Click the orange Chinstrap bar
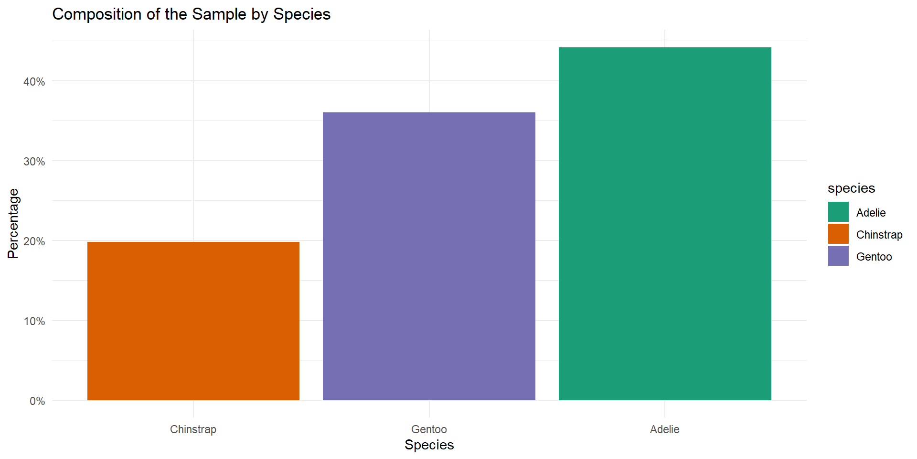pos(193,321)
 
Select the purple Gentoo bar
pos(429,256)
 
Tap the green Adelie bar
pos(664,224)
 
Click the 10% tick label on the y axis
pos(34,321)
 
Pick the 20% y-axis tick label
pos(34,241)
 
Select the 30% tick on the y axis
pos(34,162)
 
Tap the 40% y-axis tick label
pos(34,82)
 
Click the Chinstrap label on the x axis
pos(193,429)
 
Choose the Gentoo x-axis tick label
pos(429,429)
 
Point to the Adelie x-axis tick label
pos(664,429)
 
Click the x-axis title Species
pos(429,445)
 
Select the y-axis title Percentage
pos(13,224)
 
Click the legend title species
pos(851,188)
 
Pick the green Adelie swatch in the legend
pos(838,212)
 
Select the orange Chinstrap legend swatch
pos(838,234)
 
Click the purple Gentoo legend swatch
pos(838,256)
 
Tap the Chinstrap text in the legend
pos(879,235)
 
